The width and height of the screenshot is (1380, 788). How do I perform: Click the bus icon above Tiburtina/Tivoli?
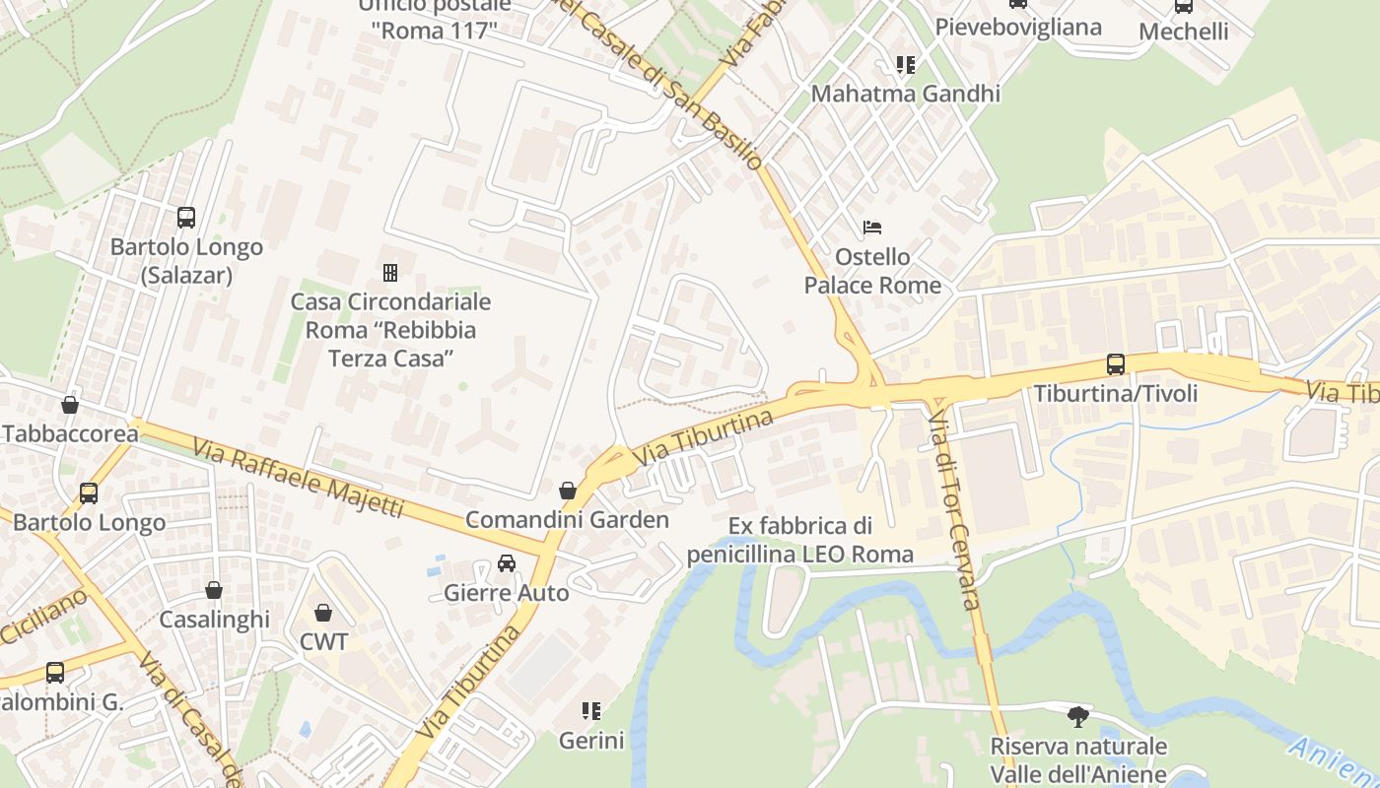pos(1115,364)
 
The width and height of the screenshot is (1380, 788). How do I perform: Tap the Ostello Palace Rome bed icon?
pos(872,228)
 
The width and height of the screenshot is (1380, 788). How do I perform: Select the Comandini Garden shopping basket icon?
pos(568,491)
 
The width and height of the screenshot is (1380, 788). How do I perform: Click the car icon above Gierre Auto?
pos(507,563)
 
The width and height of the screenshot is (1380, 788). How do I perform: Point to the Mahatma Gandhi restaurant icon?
pos(905,65)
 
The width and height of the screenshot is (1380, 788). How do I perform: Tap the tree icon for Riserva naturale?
pos(1078,716)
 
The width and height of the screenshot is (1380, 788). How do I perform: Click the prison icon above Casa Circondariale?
pos(390,272)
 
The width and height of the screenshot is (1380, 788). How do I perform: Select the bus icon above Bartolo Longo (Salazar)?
pos(186,218)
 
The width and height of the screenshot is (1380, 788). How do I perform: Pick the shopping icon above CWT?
pos(323,613)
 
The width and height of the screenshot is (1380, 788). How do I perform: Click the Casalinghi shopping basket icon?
pos(214,590)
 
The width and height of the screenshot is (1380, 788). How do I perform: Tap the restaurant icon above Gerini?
pos(591,710)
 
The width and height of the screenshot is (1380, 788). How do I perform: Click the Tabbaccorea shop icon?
pos(70,405)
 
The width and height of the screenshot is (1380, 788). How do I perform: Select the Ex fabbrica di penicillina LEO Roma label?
pos(800,540)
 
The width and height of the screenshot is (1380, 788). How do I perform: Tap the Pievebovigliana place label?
pos(1017,27)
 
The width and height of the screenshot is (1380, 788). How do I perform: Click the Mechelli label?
pos(1183,32)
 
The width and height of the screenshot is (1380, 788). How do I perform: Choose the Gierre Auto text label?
pos(507,593)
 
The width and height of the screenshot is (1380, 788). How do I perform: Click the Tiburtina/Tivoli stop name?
pos(1115,394)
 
